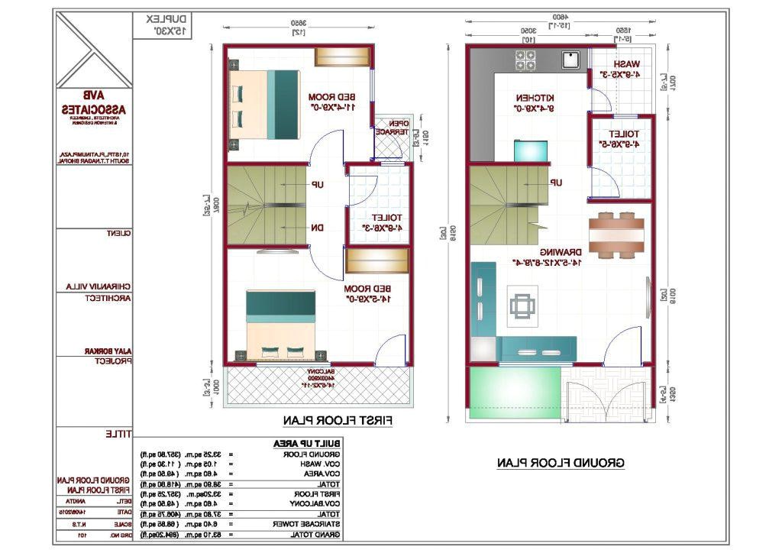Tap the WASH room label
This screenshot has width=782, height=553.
coord(626,65)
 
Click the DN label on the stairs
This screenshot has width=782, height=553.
coord(316,228)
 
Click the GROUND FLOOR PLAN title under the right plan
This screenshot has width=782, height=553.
coord(561,463)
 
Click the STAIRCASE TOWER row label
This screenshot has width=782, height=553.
coord(315,525)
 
